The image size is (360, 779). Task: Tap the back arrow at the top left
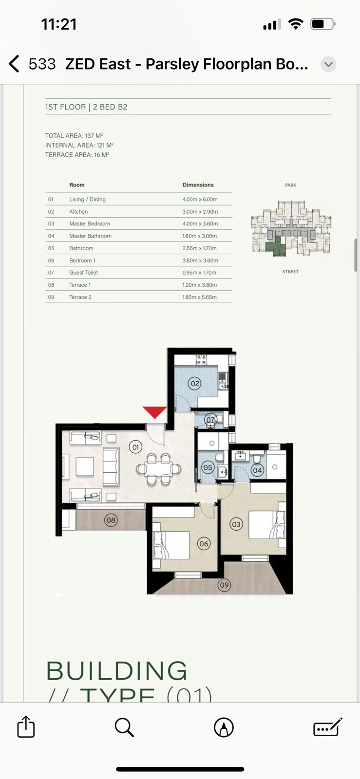(x=14, y=64)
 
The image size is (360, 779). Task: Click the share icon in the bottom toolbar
(x=26, y=727)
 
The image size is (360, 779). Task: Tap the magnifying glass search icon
(x=124, y=727)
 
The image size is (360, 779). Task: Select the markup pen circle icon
(x=224, y=727)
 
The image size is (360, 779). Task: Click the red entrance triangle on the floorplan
(x=155, y=412)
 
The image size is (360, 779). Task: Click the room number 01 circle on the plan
(x=135, y=447)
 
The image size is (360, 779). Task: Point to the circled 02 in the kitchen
(x=195, y=384)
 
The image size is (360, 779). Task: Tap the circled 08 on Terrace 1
(x=111, y=520)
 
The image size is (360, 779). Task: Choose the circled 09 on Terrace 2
(x=224, y=585)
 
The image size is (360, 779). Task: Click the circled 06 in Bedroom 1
(x=204, y=544)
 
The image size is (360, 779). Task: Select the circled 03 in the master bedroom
(x=236, y=524)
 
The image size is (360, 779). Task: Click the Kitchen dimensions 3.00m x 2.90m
(x=200, y=212)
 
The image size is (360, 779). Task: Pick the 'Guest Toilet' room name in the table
(x=84, y=273)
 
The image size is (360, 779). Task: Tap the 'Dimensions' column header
(x=198, y=185)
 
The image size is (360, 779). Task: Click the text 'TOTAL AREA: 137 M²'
(x=74, y=136)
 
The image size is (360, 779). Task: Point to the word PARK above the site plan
(x=291, y=185)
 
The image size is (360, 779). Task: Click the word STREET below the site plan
(x=290, y=272)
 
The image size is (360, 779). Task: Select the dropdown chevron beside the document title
(x=329, y=64)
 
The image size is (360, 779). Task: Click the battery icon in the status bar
(x=322, y=24)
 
